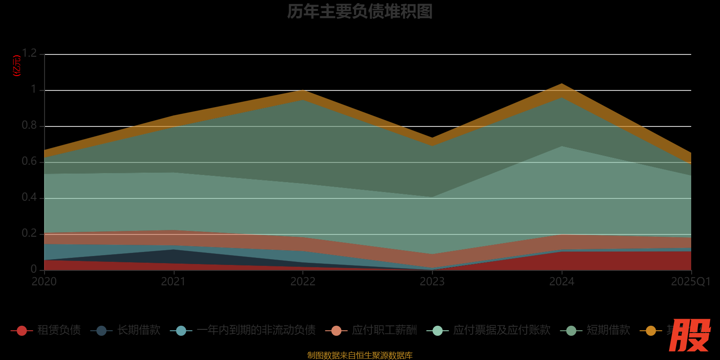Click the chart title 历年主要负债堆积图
tap(360, 12)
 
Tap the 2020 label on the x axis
tap(44, 282)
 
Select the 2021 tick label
tap(173, 282)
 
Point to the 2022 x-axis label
tap(303, 282)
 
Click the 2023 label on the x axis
tap(432, 282)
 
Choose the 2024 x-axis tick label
tap(562, 282)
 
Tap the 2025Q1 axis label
tap(691, 282)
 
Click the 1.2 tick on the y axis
tap(29, 54)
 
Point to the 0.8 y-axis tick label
tap(29, 126)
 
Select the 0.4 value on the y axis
tap(29, 198)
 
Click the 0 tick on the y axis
tap(34, 269)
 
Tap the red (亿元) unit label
tap(17, 66)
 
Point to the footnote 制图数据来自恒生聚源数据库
tap(360, 355)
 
